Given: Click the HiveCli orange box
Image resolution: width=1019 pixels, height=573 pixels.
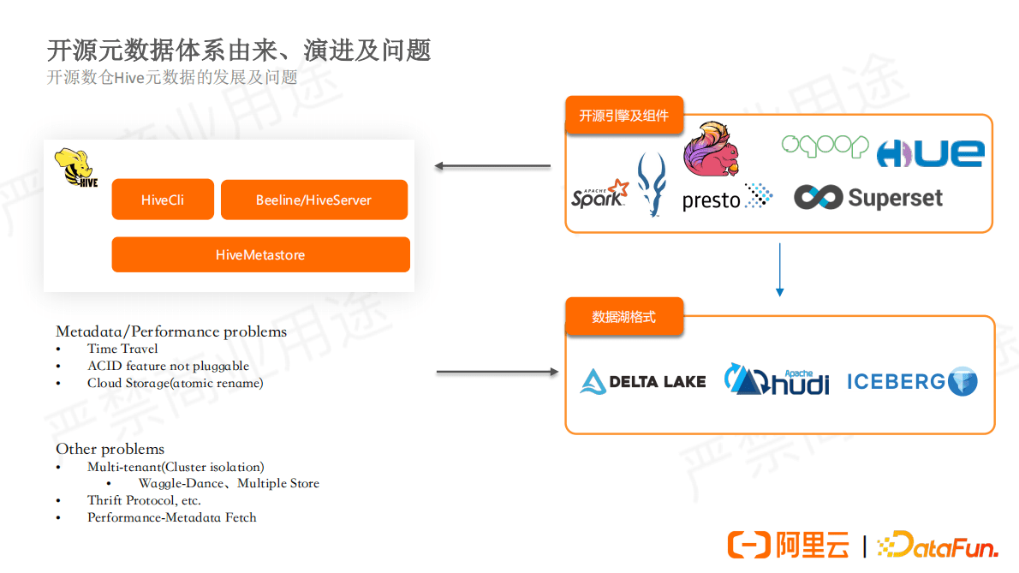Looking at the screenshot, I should point(163,200).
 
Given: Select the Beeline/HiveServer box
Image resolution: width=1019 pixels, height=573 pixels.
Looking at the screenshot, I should point(313,200).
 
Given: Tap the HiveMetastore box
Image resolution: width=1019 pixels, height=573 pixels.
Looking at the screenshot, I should point(260,254).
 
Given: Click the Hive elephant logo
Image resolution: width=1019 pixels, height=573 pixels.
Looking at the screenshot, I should point(76,168).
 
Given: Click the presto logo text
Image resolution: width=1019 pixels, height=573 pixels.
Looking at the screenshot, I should point(712,201).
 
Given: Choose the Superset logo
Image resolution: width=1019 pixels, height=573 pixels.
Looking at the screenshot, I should point(868,198).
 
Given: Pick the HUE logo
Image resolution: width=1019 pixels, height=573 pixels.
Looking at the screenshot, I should point(930,153).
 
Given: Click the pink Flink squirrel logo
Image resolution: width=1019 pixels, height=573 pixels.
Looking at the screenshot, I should point(711,150).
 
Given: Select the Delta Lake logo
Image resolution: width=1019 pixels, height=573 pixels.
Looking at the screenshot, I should point(643,381).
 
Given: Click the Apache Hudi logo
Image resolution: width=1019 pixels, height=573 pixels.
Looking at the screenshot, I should point(777,380).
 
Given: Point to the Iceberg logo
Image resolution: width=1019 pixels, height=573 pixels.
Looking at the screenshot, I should point(912,381).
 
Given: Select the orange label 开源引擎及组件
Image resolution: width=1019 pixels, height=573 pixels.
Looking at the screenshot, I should point(623,116).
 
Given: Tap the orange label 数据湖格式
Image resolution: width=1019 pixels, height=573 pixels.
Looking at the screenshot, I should point(623,317).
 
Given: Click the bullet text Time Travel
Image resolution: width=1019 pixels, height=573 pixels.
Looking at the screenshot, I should point(122,349).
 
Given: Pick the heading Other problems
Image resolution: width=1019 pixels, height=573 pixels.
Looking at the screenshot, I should point(110,449).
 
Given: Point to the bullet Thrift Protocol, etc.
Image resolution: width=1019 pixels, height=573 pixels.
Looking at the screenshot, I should point(144,500).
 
